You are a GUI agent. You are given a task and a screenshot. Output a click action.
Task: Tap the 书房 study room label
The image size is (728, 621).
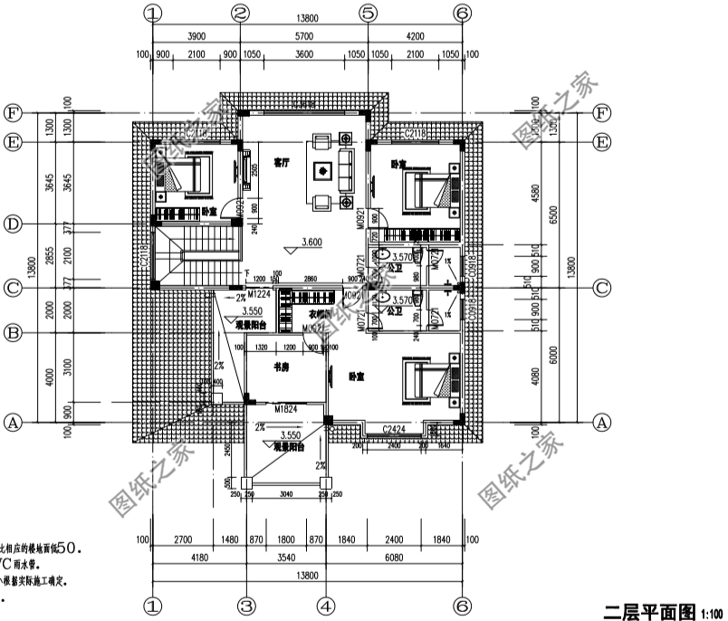(283, 368)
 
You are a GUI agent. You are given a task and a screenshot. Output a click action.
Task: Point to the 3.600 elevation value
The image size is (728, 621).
(311, 243)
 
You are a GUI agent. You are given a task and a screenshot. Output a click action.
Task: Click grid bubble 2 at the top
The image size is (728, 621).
(240, 14)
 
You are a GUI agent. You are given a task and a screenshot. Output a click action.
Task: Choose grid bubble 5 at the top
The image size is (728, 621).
(368, 14)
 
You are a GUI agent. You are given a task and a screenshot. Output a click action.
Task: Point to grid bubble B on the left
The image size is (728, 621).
(13, 333)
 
